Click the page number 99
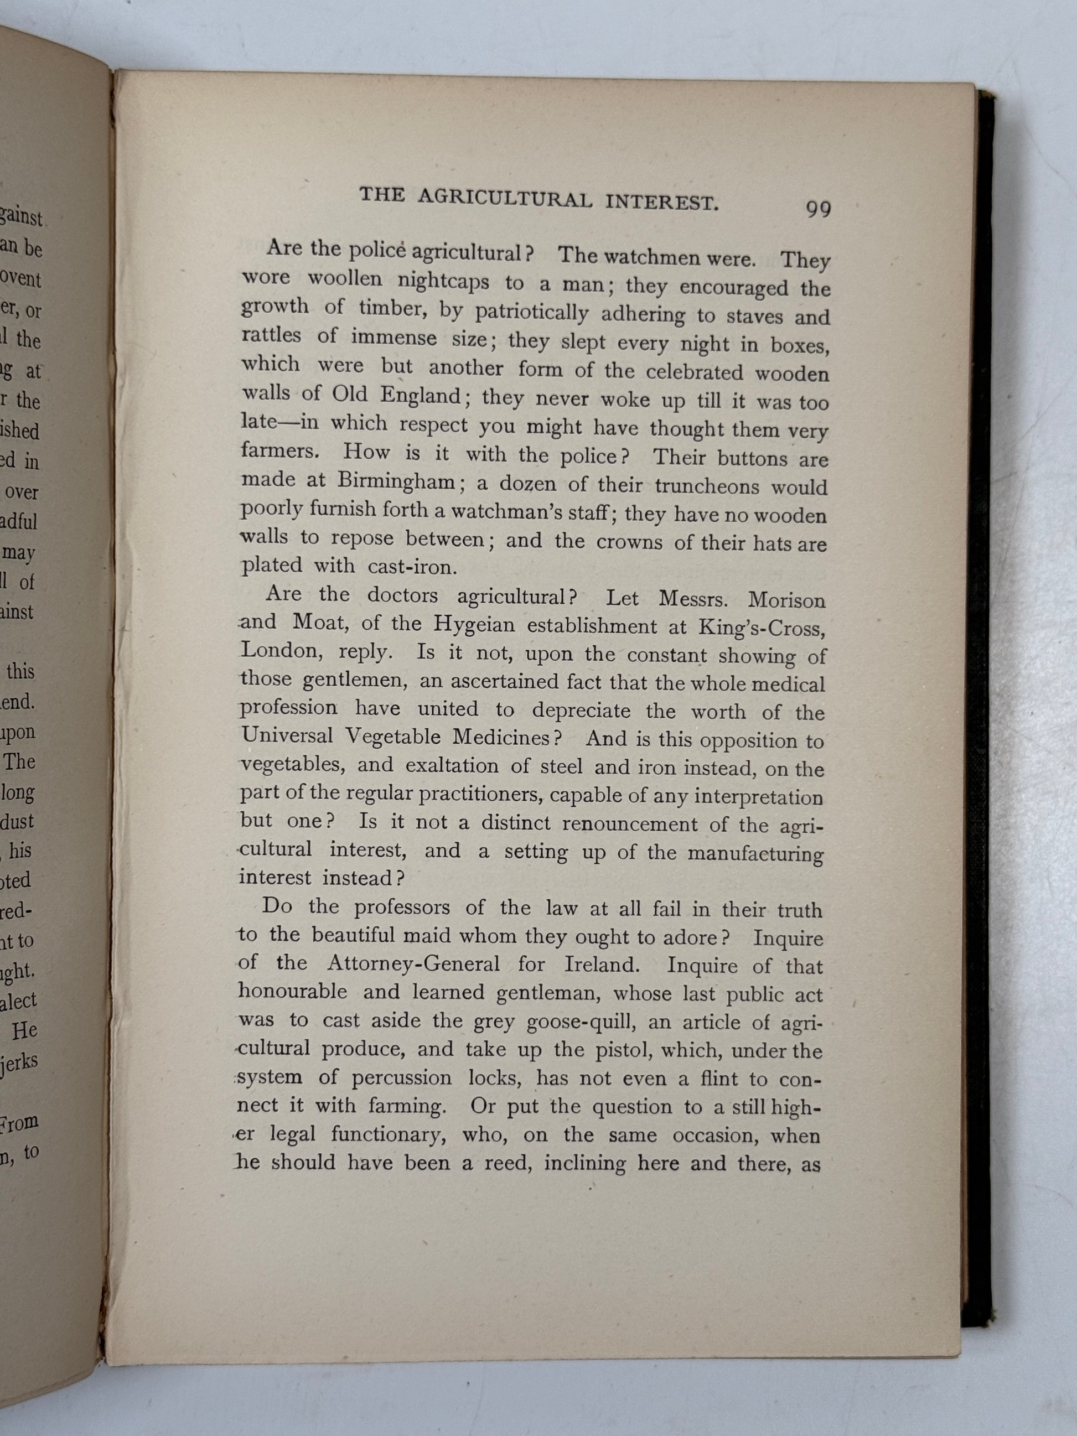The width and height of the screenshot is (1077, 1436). pos(818,209)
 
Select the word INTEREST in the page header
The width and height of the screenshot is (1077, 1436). pos(661,203)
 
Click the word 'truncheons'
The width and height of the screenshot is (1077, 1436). pos(706,486)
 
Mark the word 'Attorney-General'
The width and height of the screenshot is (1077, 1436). pos(413,963)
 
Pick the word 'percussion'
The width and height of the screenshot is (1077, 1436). pos(401,1077)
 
